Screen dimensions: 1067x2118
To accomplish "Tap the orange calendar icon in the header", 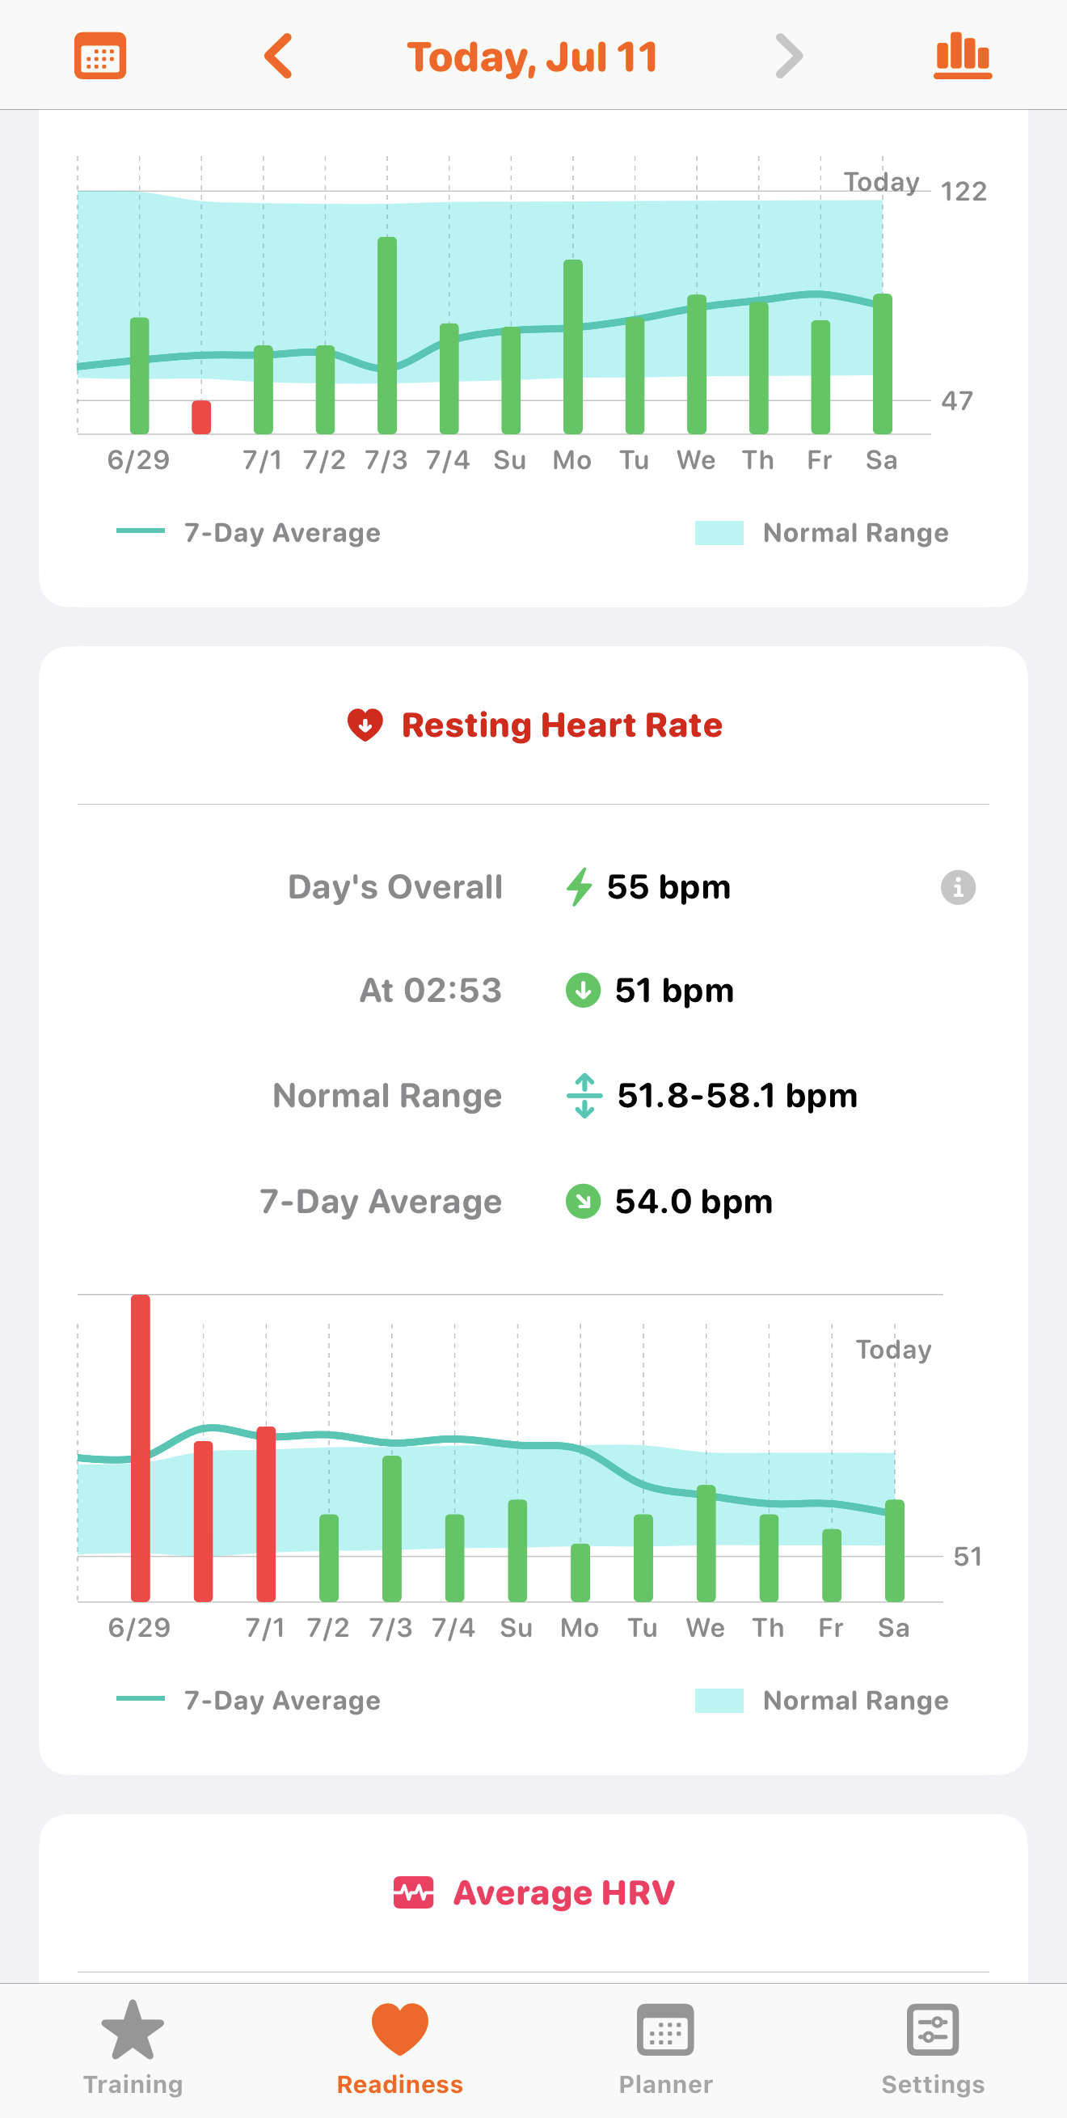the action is [x=100, y=56].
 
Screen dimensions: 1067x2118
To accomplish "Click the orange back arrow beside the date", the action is [x=278, y=56].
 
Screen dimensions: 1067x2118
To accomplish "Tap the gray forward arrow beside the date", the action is [x=788, y=56].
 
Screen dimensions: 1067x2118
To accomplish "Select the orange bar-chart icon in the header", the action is [x=963, y=56].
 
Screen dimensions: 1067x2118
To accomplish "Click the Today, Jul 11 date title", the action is [x=533, y=57].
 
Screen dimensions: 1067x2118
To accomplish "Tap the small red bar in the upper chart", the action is [x=201, y=416].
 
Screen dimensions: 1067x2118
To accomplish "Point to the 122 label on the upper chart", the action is [x=964, y=192].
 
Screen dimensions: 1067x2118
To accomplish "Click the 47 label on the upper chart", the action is [x=957, y=400].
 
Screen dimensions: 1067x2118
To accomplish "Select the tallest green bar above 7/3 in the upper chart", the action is [x=387, y=336].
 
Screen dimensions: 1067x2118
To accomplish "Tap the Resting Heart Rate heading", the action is [x=562, y=725].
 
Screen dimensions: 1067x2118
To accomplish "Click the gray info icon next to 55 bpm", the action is [x=958, y=888].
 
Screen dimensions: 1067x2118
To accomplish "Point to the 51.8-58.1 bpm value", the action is [x=737, y=1096].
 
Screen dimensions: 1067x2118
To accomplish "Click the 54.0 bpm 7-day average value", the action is [x=694, y=1201].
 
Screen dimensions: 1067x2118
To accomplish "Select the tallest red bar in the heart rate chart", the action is [x=141, y=1448].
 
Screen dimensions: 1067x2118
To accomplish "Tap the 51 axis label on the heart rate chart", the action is [x=968, y=1557].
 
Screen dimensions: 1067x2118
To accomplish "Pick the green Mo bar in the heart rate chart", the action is [x=580, y=1573].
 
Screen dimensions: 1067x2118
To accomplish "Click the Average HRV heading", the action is [x=563, y=1892].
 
